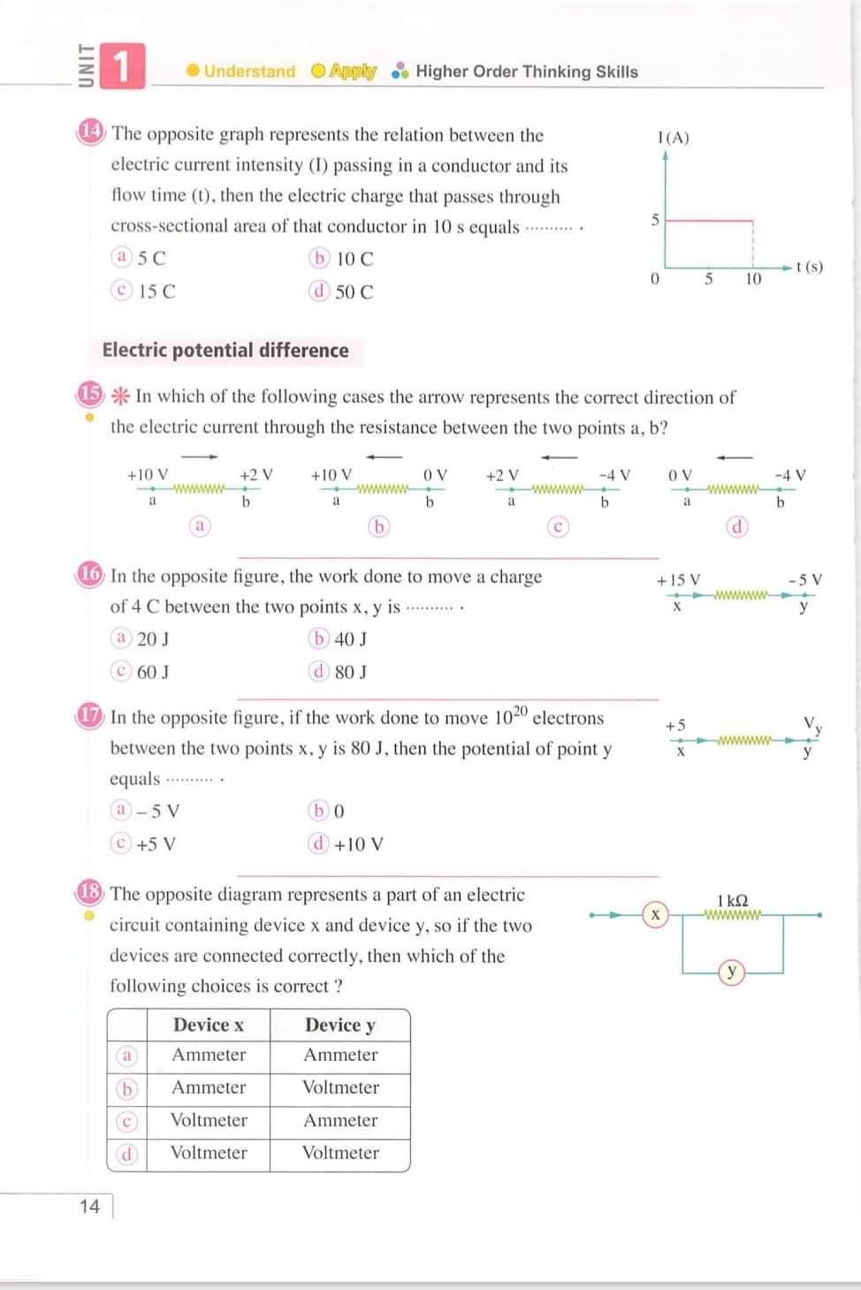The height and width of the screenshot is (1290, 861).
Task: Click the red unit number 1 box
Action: click(122, 66)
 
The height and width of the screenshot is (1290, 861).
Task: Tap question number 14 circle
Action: click(90, 132)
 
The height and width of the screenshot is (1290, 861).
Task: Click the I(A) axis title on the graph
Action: click(673, 137)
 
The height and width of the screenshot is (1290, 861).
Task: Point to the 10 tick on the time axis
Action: click(752, 279)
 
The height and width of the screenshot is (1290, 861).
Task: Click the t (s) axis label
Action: click(809, 266)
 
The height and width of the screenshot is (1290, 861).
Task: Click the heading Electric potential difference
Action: click(225, 350)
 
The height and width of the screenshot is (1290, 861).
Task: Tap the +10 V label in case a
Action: click(148, 475)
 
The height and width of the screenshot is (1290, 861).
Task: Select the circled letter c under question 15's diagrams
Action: click(557, 527)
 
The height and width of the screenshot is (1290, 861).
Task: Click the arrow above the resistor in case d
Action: click(735, 457)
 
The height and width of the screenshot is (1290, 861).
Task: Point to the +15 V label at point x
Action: click(678, 580)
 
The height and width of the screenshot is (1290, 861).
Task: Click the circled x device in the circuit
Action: click(655, 915)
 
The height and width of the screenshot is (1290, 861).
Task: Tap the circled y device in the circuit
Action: click(731, 972)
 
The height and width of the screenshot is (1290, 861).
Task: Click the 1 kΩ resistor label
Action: click(732, 900)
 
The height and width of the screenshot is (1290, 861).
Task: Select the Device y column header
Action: click(339, 1025)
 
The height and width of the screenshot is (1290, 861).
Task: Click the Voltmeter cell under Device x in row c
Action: click(209, 1120)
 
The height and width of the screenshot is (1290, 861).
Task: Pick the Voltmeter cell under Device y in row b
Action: click(340, 1088)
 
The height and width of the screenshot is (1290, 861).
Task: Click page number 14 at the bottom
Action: click(89, 1206)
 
